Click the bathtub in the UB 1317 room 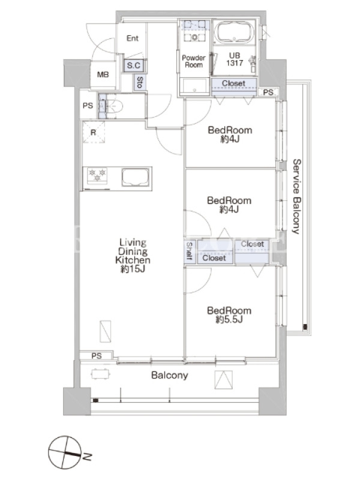pos(234,32)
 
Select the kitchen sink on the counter pos(136,177)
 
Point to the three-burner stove pos(97,175)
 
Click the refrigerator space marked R pos(94,132)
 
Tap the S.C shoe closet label pos(133,65)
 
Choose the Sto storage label pos(140,82)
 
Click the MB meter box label pos(103,74)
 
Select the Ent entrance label pos(133,38)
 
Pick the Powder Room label pos(194,61)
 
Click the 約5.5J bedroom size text pos(229,320)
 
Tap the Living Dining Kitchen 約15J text pos(133,256)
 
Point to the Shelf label pos(189,251)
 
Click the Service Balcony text pos(296,196)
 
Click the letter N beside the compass pos(87,457)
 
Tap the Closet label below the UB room pos(233,83)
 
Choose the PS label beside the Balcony pos(97,356)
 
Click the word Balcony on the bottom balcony pos(170,376)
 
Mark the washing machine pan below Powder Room pos(194,87)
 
